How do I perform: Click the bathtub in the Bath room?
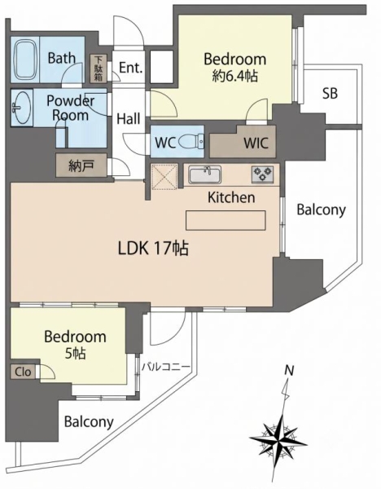pos(26,59)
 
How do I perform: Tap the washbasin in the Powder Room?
pos(21,108)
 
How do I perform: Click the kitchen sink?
pos(204,174)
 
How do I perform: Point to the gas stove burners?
pos(263,174)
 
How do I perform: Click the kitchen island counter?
pos(226,220)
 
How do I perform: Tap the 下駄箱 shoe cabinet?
pos(99,68)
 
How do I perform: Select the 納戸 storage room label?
pos(81,165)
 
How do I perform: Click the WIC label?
pos(256,143)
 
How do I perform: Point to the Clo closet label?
pos(23,372)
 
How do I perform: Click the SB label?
pos(330,93)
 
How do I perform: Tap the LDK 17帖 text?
pos(153,249)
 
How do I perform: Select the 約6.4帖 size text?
pos(235,76)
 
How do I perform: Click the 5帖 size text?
pos(76,354)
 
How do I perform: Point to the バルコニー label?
pos(166,366)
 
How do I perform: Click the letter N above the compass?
pos(289,371)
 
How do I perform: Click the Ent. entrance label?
pos(131,68)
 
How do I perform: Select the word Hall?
pos(129,119)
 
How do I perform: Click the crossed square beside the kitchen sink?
pos(164,177)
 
